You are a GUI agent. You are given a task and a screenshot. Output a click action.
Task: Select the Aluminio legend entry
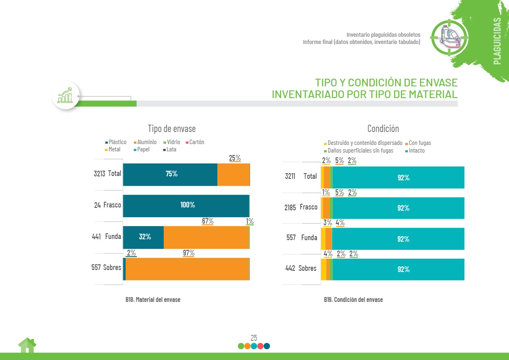click(x=146, y=142)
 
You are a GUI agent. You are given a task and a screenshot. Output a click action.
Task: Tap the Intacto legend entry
click(x=416, y=151)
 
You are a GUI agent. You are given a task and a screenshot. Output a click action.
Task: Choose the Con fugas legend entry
click(x=419, y=143)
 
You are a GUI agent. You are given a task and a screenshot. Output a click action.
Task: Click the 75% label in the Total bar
click(x=171, y=174)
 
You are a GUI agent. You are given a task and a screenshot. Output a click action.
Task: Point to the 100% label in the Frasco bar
click(x=188, y=205)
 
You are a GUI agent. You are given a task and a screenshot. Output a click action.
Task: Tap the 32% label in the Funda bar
click(x=145, y=237)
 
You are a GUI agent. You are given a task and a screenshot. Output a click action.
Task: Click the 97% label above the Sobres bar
click(x=188, y=253)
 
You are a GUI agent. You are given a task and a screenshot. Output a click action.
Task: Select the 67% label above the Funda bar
click(x=207, y=221)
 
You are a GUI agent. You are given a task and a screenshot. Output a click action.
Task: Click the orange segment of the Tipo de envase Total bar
click(x=233, y=174)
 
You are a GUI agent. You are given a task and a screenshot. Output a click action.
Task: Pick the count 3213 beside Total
click(x=99, y=174)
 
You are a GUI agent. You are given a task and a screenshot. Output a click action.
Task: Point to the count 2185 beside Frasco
click(x=290, y=207)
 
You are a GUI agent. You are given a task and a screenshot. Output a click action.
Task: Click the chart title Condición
click(x=383, y=129)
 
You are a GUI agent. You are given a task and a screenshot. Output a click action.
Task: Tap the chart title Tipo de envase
click(x=171, y=129)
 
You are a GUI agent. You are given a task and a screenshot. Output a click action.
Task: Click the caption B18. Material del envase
click(x=153, y=300)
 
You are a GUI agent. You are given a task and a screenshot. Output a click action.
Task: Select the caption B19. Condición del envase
click(x=353, y=300)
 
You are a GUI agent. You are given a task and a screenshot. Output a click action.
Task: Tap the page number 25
click(x=254, y=338)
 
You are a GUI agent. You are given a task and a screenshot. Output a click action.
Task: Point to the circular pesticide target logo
click(x=449, y=37)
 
